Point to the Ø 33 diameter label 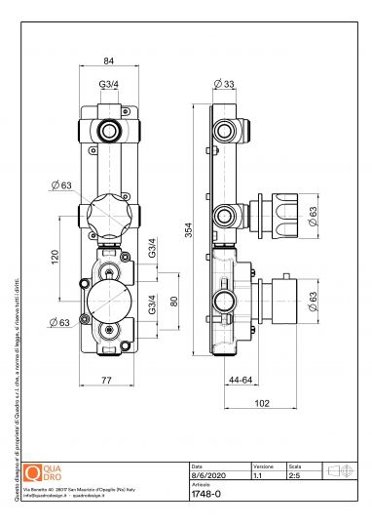[227, 85]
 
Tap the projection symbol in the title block [343, 471]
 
